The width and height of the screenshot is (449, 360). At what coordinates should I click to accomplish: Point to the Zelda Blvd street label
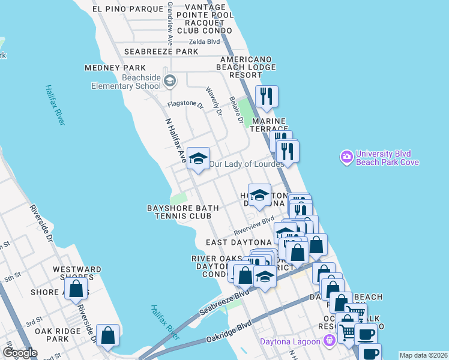tap(204, 41)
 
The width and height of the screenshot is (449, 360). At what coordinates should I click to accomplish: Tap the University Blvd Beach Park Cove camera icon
tap(346, 158)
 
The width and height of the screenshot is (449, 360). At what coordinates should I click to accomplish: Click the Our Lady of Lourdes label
tap(246, 164)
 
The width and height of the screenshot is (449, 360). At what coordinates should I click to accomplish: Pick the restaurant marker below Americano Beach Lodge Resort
tap(265, 96)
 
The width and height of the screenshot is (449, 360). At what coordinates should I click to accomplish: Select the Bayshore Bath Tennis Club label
tap(183, 212)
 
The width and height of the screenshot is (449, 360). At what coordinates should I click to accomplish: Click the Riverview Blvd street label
tap(254, 225)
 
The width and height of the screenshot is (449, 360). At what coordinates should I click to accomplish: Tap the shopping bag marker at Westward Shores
tap(76, 289)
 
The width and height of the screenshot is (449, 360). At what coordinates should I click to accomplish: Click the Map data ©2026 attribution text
tap(423, 355)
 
